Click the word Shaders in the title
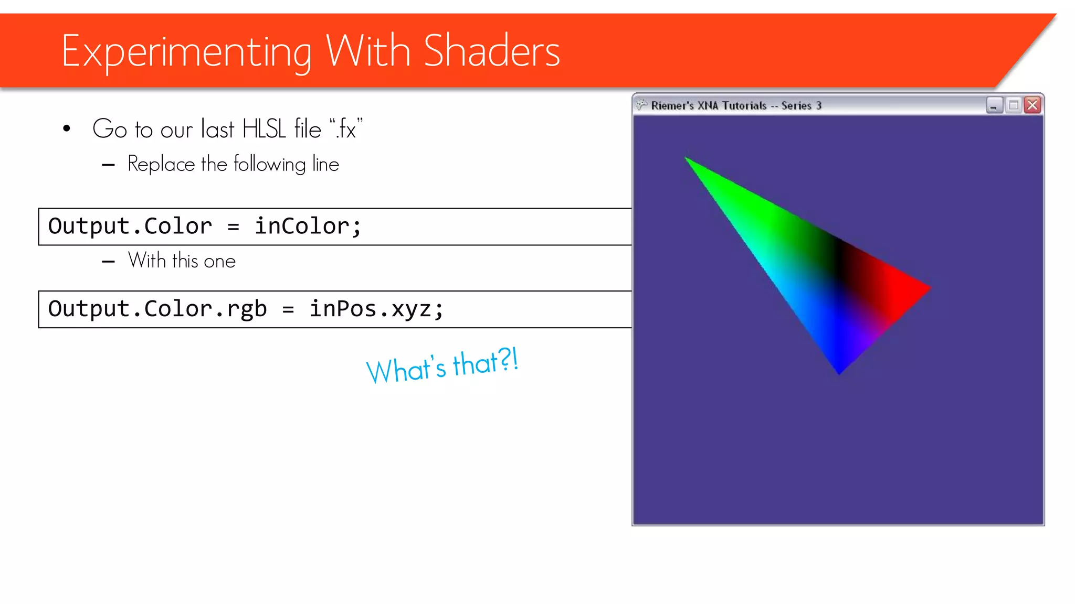click(491, 51)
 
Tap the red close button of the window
click(1032, 105)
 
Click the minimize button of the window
click(994, 105)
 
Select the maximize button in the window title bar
click(1013, 105)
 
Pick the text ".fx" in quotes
click(346, 129)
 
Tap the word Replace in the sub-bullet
click(161, 164)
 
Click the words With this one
click(182, 261)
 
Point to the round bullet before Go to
click(67, 128)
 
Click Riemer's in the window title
click(672, 105)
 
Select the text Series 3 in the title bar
click(801, 105)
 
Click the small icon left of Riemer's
click(641, 105)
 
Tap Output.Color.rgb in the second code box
click(157, 309)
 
